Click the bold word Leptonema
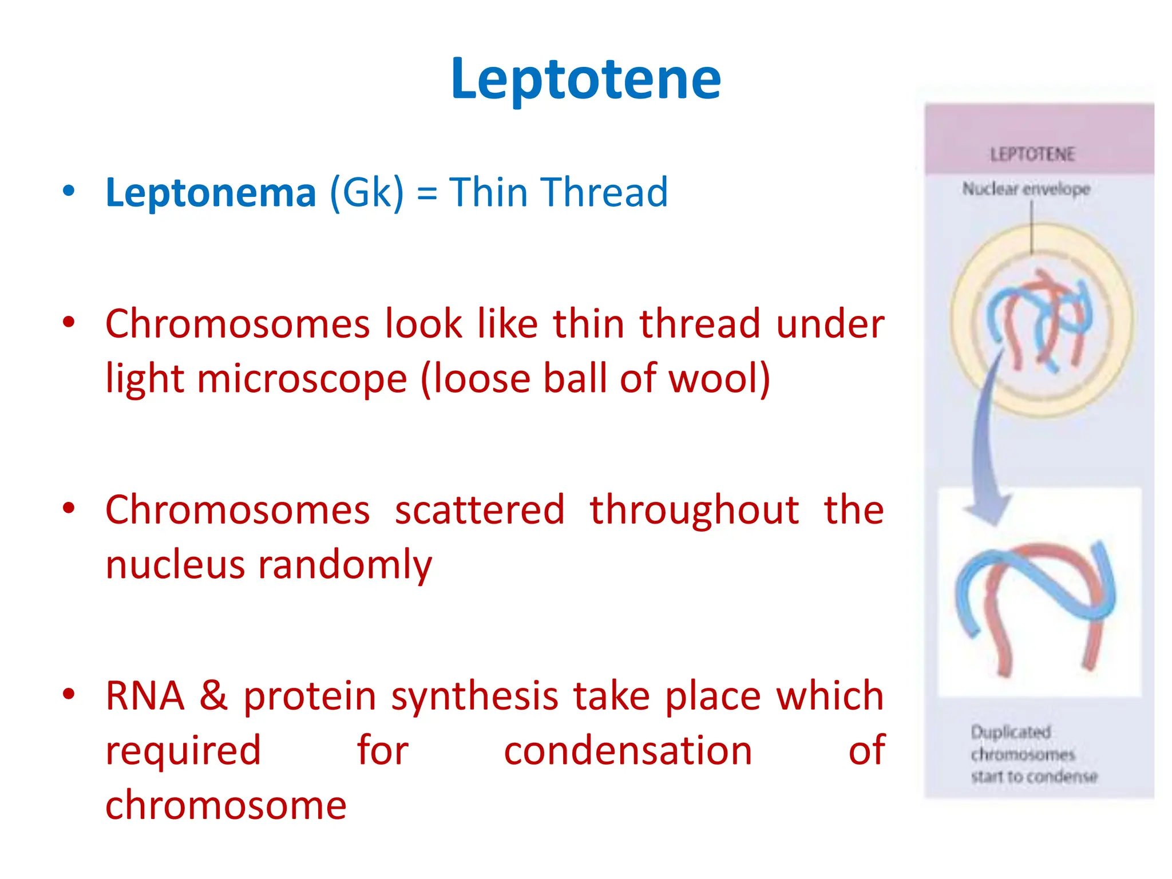211,192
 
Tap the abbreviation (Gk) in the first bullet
367,192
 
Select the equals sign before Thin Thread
427,193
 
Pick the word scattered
480,509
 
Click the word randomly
345,565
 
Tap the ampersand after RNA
213,696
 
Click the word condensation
628,751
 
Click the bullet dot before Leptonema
69,191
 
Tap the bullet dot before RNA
69,694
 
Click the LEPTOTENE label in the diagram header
1032,155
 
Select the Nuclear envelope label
1025,189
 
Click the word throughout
694,509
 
